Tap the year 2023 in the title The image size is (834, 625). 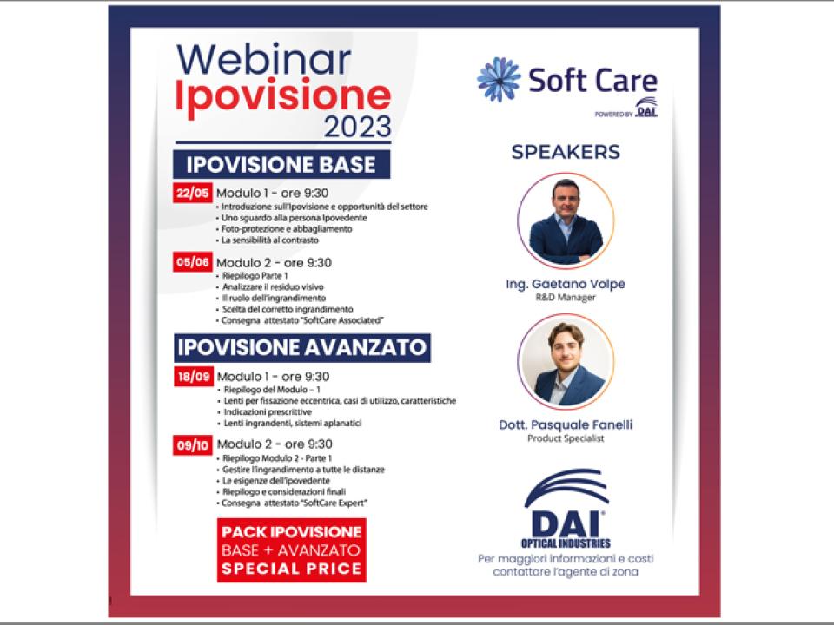click(x=357, y=127)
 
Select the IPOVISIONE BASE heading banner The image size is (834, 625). click(x=281, y=164)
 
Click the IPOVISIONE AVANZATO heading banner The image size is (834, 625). click(x=302, y=347)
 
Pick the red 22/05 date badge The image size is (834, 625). click(x=193, y=193)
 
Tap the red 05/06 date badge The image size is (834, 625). click(x=193, y=262)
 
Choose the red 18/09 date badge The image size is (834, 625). click(x=194, y=376)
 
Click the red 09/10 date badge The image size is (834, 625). click(x=193, y=444)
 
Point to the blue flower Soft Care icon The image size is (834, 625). click(x=499, y=80)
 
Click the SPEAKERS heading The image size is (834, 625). click(x=566, y=152)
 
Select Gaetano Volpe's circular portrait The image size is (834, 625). click(x=566, y=220)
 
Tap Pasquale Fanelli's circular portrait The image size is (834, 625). click(x=566, y=361)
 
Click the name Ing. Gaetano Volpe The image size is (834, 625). click(x=566, y=284)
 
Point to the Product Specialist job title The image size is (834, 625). click(x=566, y=438)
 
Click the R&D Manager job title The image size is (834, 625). click(x=566, y=297)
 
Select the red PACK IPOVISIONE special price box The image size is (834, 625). click(x=292, y=550)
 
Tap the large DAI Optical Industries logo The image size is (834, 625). click(x=566, y=509)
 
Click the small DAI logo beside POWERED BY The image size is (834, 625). click(x=646, y=107)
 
